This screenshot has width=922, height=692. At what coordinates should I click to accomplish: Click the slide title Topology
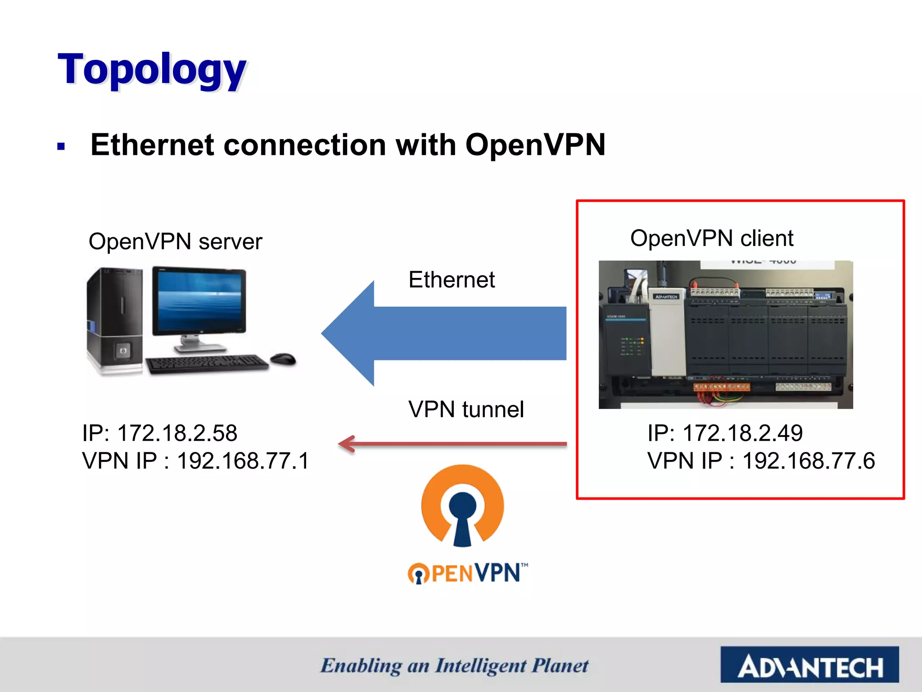(x=152, y=70)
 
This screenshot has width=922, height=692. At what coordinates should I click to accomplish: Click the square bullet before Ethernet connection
(x=61, y=146)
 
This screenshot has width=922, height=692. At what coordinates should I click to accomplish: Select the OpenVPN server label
(x=175, y=241)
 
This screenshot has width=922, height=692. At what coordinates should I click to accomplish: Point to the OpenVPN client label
(x=711, y=238)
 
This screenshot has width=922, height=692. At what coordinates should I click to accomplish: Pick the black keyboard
(x=207, y=363)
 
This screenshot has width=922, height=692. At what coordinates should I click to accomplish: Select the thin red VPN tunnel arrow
(x=452, y=444)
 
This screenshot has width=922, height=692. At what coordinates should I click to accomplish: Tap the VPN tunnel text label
(x=466, y=410)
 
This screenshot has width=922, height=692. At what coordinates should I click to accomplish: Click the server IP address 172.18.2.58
(x=159, y=433)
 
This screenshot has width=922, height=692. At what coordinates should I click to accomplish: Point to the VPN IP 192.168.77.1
(x=196, y=461)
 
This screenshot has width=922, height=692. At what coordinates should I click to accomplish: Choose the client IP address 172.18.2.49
(x=725, y=433)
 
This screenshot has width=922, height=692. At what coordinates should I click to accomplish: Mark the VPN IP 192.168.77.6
(x=761, y=461)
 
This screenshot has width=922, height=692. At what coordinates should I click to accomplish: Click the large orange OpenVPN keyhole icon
(x=462, y=505)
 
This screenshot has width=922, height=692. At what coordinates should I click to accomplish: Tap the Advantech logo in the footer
(x=809, y=665)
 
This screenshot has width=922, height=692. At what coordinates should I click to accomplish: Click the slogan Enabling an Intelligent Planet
(x=454, y=666)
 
